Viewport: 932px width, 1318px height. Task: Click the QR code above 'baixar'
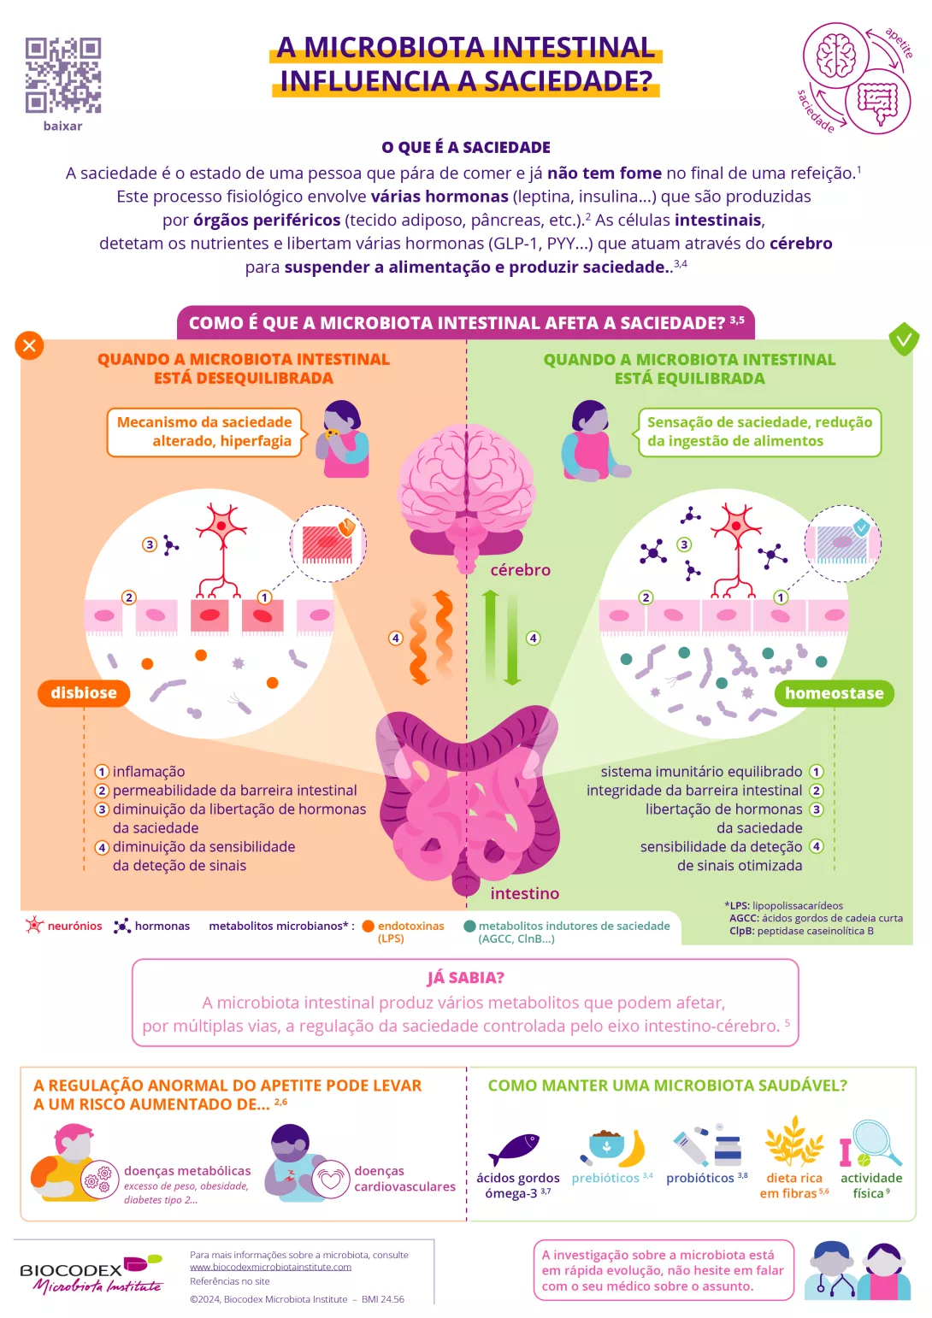pyautogui.click(x=63, y=75)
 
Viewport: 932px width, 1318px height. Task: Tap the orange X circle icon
pyautogui.click(x=29, y=345)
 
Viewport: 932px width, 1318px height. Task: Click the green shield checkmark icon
pyautogui.click(x=903, y=339)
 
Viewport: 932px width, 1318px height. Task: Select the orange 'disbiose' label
pyautogui.click(x=84, y=693)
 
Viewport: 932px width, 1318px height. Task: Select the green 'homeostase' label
pyautogui.click(x=834, y=693)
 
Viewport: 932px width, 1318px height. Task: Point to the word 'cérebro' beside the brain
pyautogui.click(x=520, y=570)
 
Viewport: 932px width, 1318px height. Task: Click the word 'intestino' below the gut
pyautogui.click(x=524, y=893)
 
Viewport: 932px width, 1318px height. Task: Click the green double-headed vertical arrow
pyautogui.click(x=501, y=638)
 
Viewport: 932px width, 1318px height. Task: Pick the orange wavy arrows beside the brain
pyautogui.click(x=432, y=638)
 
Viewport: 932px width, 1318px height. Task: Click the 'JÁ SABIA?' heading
pyautogui.click(x=465, y=978)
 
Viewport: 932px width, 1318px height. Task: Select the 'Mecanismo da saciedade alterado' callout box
pyautogui.click(x=204, y=432)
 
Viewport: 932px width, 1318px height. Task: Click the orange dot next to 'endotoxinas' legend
pyautogui.click(x=369, y=927)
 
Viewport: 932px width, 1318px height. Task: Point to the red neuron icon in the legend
pyautogui.click(x=34, y=926)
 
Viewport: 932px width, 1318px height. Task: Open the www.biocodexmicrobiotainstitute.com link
pyautogui.click(x=270, y=1267)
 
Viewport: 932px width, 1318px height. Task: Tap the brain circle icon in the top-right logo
pyautogui.click(x=835, y=56)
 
